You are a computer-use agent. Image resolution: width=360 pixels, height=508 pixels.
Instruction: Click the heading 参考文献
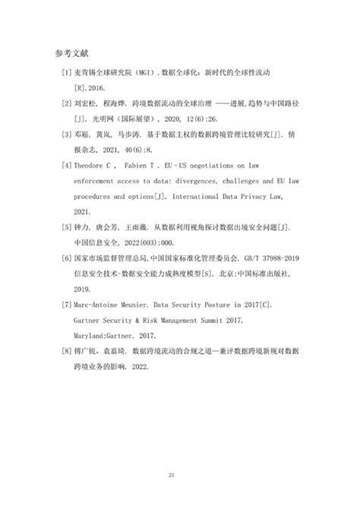click(73, 54)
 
